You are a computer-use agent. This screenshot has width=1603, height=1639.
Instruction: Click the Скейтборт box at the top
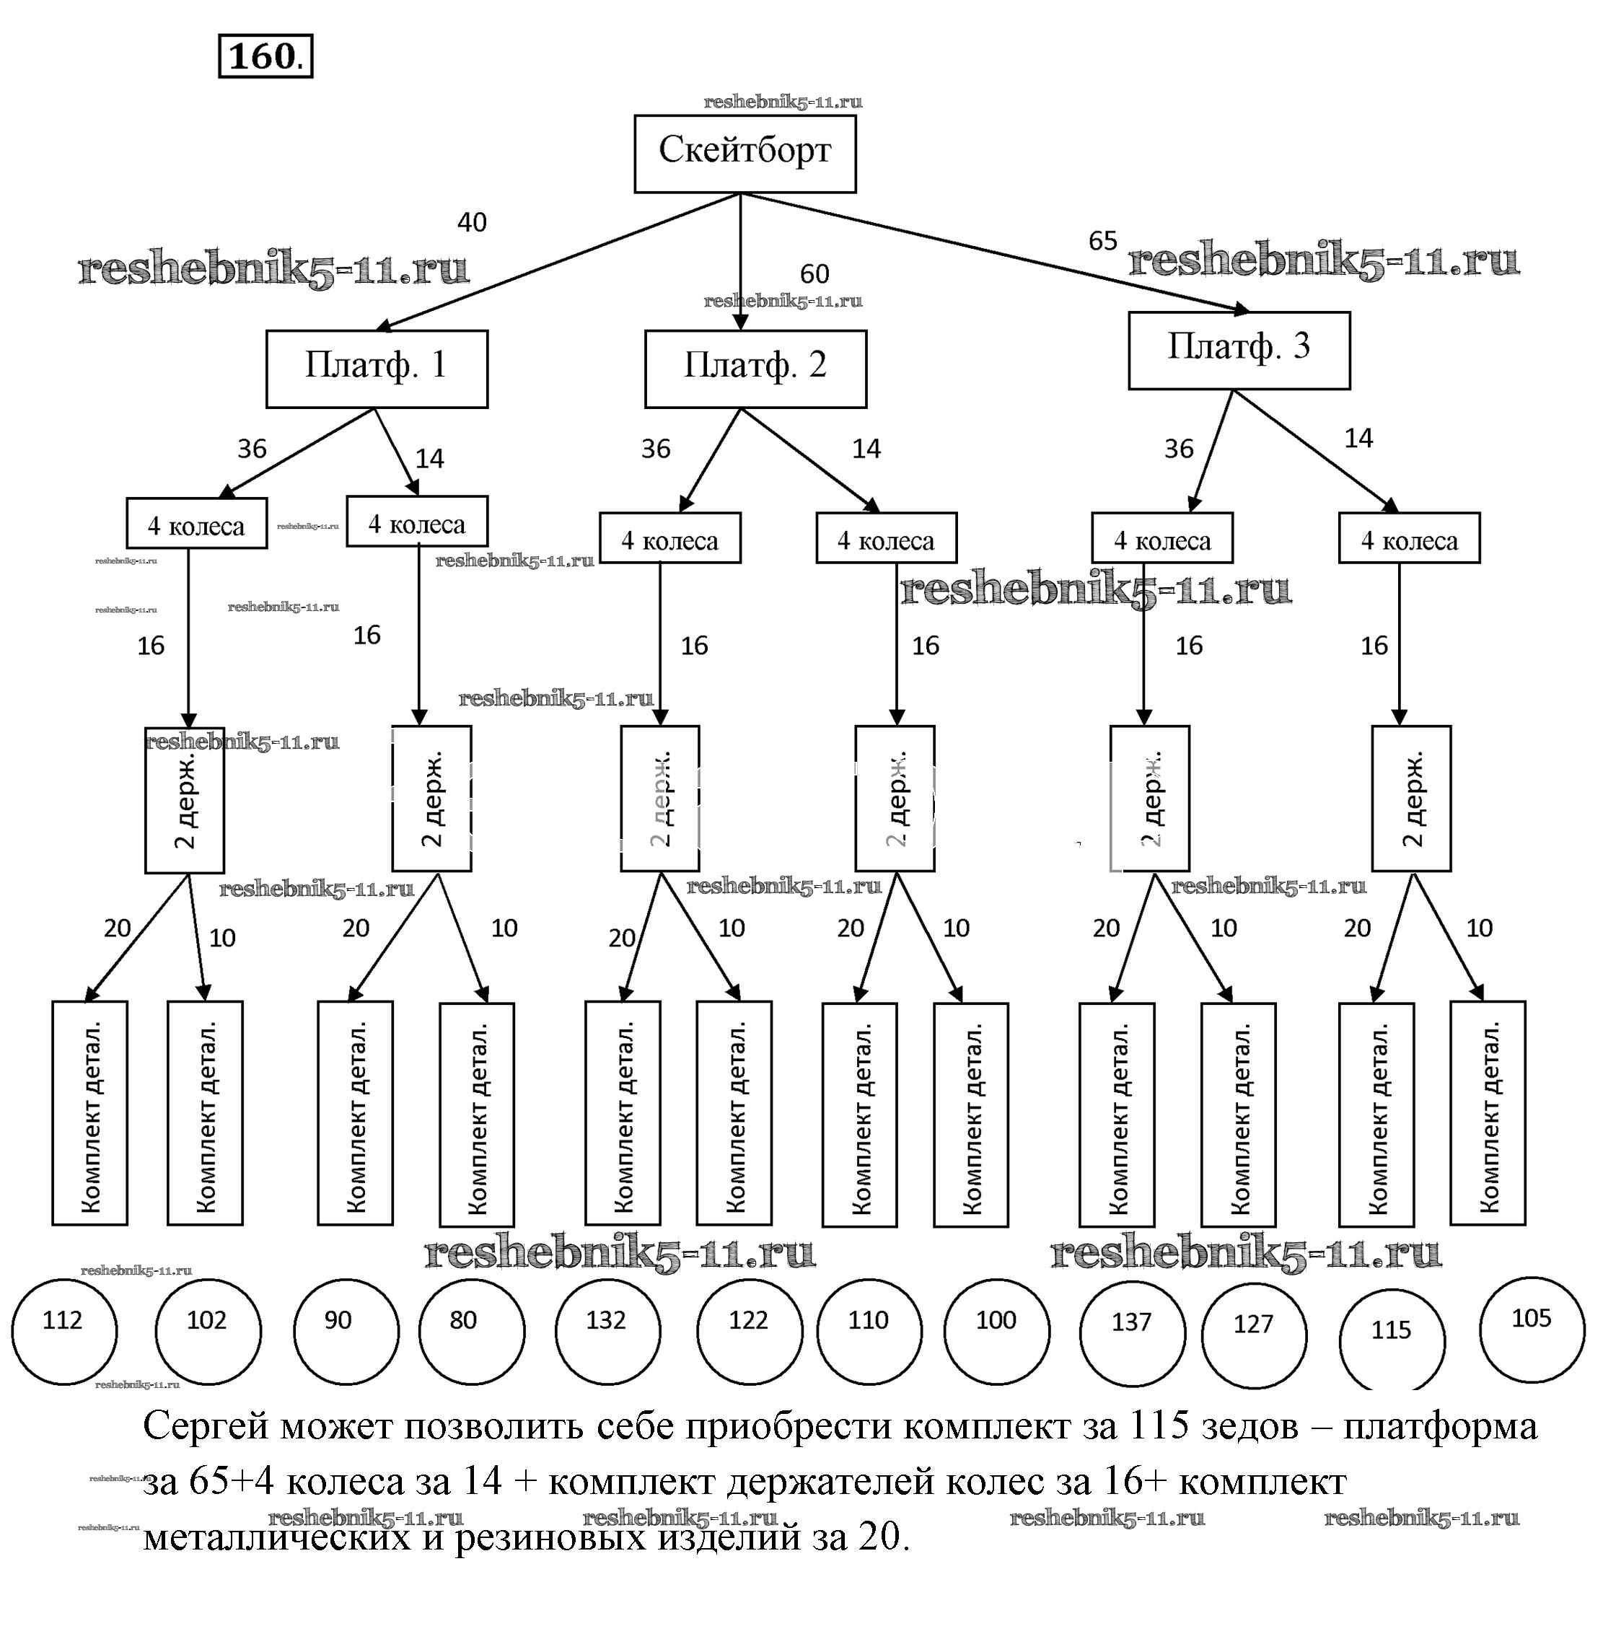click(x=745, y=153)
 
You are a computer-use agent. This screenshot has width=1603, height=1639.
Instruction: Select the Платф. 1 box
click(x=377, y=368)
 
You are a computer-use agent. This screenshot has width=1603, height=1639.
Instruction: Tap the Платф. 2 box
click(x=755, y=368)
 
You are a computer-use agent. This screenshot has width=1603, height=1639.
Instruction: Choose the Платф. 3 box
click(x=1239, y=349)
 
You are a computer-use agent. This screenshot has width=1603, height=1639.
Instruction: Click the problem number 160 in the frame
click(x=264, y=56)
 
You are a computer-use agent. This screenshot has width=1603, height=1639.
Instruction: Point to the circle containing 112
click(x=64, y=1331)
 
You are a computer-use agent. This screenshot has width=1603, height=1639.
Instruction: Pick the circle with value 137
click(x=1133, y=1332)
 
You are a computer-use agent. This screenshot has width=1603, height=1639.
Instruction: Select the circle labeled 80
click(x=472, y=1331)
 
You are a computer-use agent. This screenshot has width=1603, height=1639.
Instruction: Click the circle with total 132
click(x=608, y=1331)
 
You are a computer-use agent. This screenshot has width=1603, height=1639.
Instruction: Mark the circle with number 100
click(x=997, y=1331)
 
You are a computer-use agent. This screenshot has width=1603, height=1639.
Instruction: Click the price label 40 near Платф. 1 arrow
click(x=472, y=222)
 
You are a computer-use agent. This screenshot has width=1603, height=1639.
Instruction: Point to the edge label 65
click(x=1102, y=241)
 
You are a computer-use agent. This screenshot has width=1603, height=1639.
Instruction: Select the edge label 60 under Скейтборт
click(x=814, y=273)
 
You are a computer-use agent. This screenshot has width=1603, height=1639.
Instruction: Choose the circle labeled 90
click(x=346, y=1331)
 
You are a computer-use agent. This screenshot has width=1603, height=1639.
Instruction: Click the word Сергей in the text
click(x=206, y=1426)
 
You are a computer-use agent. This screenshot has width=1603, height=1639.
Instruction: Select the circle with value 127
click(x=1254, y=1335)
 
